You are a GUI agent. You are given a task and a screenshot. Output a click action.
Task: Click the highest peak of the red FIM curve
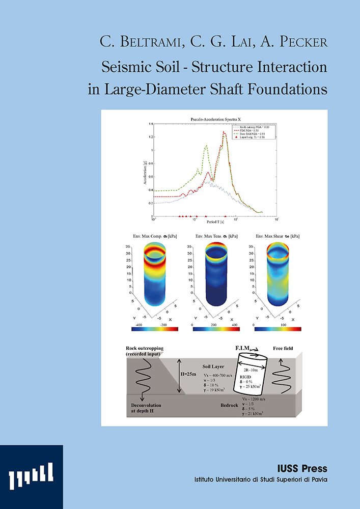tap(224, 132)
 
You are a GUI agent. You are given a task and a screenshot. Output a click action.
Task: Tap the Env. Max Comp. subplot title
tap(146, 236)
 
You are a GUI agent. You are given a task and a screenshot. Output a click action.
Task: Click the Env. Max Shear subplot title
tap(278, 236)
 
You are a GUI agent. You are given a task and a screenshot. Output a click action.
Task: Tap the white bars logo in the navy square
tap(31, 476)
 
